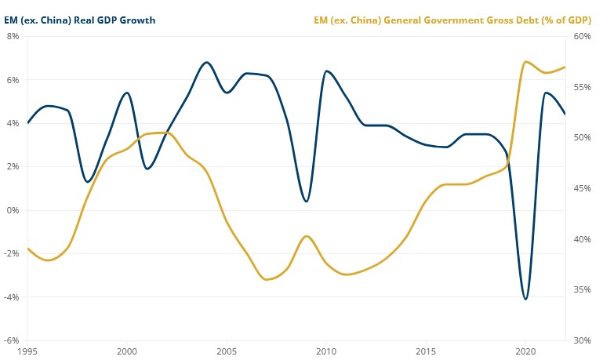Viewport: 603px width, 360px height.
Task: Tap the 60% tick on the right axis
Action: pyautogui.click(x=581, y=37)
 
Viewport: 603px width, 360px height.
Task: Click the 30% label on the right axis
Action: pyautogui.click(x=581, y=340)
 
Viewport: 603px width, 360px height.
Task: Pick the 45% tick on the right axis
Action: pyautogui.click(x=581, y=188)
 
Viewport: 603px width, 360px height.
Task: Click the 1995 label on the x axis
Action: pyautogui.click(x=27, y=351)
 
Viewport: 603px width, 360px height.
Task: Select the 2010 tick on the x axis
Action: pyautogui.click(x=326, y=351)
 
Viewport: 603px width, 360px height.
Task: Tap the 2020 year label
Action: pyautogui.click(x=525, y=351)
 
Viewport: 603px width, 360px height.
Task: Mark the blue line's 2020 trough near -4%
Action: pyautogui.click(x=525, y=299)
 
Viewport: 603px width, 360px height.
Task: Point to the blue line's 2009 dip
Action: pyautogui.click(x=306, y=202)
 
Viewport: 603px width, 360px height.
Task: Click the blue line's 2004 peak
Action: pyautogui.click(x=207, y=63)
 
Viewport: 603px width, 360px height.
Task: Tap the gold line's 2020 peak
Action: pyautogui.click(x=525, y=61)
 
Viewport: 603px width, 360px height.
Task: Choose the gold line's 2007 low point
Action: pyautogui.click(x=267, y=279)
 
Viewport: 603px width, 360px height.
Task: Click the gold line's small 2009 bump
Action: pyautogui.click(x=306, y=236)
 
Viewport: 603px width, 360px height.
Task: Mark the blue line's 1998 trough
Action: pyautogui.click(x=88, y=182)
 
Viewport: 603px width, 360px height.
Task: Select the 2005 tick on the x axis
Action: pyautogui.click(x=227, y=351)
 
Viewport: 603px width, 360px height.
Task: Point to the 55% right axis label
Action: pyautogui.click(x=581, y=87)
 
